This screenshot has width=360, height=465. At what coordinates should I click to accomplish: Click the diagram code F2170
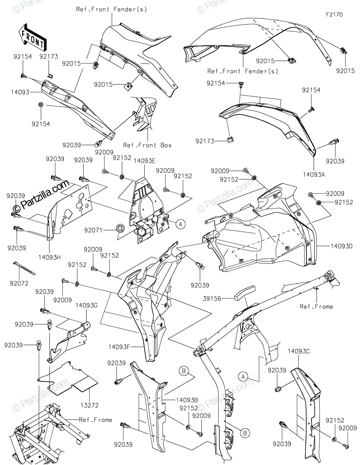coord(334,14)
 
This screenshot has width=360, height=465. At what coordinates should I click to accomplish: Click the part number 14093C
coord(298,351)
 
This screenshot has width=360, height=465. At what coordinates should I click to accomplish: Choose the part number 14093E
coord(145,160)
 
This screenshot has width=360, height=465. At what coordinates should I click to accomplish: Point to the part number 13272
coord(90,405)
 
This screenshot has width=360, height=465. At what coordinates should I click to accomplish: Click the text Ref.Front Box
coord(147,145)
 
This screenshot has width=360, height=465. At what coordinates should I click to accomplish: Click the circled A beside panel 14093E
coord(180,223)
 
